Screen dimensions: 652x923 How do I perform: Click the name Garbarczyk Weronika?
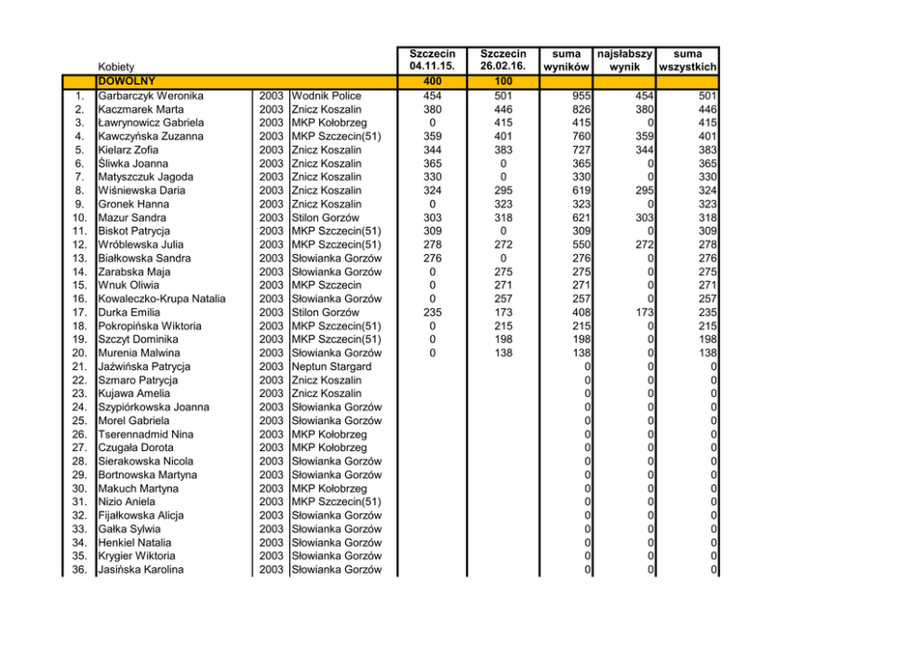coord(151,96)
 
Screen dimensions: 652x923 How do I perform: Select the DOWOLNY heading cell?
coord(126,82)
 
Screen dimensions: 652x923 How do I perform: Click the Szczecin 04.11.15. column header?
coord(432,60)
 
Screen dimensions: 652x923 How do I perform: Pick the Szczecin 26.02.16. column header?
coord(503,60)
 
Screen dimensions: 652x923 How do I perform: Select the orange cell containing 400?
coord(432,82)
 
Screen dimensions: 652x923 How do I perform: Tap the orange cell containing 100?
coord(503,82)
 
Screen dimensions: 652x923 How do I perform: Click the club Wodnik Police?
coord(327,96)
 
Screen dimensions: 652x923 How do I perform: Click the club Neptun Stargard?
coord(331,366)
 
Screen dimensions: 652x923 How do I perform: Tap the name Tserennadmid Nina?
coord(146,434)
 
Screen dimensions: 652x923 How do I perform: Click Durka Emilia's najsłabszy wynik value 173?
coord(641,313)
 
